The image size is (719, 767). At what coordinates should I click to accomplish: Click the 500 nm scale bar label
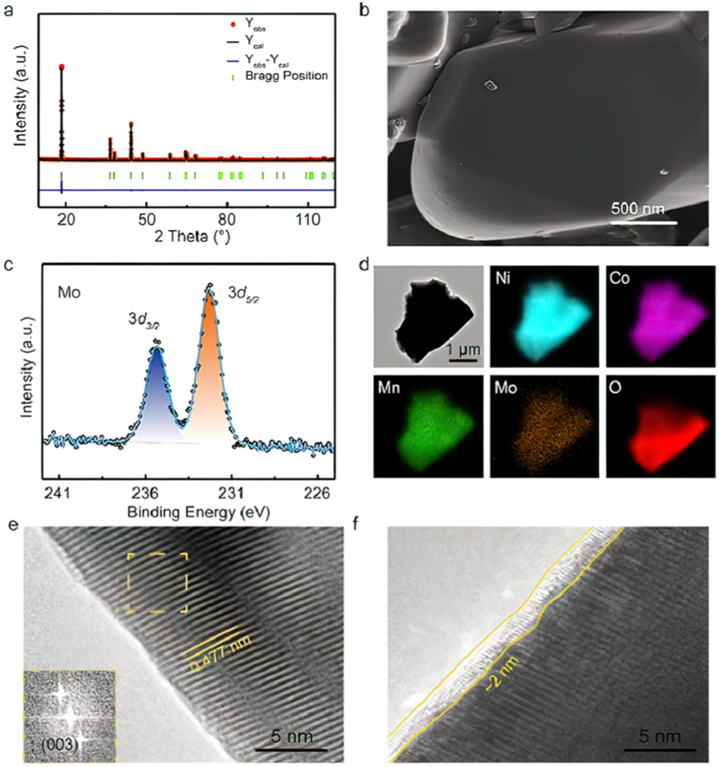point(638,209)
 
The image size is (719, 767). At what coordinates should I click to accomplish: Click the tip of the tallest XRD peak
point(62,66)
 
